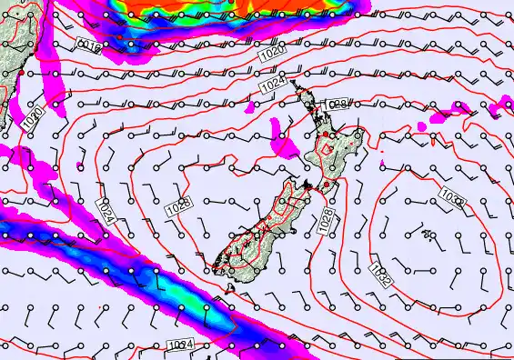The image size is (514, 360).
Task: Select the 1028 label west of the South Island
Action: (177, 207)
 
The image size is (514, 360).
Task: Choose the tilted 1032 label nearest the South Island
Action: (380, 275)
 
